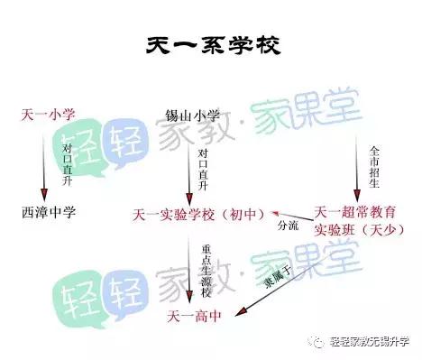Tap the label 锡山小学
[x=192, y=115]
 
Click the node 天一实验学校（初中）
[x=194, y=214]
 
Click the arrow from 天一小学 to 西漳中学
[x=44, y=162]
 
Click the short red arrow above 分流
[x=289, y=215]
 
